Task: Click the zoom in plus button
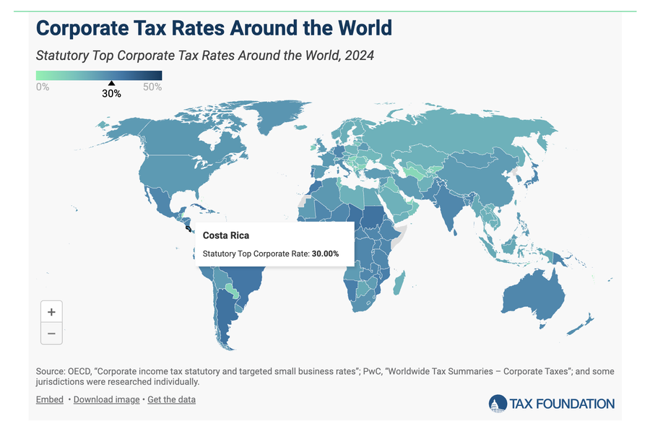[x=51, y=312]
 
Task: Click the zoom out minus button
[x=51, y=333]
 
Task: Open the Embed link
[x=49, y=399]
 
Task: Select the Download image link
[x=107, y=399]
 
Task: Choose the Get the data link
[x=171, y=399]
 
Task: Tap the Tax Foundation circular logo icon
[x=498, y=404]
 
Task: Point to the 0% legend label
[x=43, y=87]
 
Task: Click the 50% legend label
[x=152, y=87]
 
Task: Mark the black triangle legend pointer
[x=111, y=83]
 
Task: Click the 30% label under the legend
[x=111, y=94]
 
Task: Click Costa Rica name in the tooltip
[x=226, y=235]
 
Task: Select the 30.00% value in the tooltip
[x=325, y=253]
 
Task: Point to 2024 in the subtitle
[x=358, y=55]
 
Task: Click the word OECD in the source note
[x=82, y=371]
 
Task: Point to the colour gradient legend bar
[x=99, y=75]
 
